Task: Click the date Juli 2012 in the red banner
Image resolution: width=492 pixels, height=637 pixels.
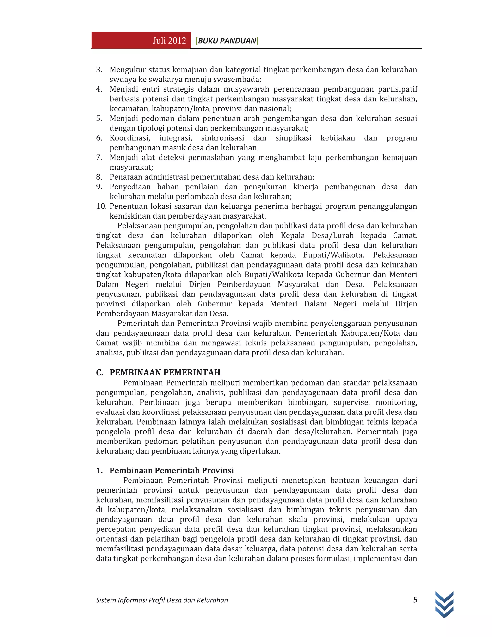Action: (169, 41)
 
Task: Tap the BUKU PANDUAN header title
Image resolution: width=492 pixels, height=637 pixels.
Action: (227, 41)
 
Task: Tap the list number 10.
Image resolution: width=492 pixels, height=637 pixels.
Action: (101, 206)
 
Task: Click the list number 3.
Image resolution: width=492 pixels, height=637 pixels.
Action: (99, 70)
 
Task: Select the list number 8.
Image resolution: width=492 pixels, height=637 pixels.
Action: (99, 177)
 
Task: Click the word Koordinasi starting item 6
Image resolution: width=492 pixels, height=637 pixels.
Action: (129, 138)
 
